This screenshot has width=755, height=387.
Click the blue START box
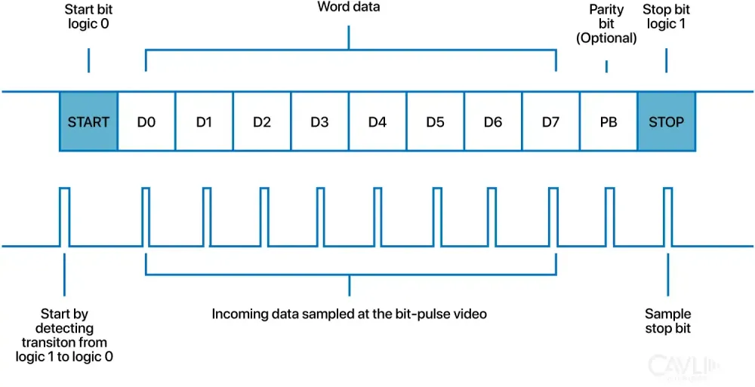[x=88, y=121]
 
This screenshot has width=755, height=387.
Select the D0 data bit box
[x=146, y=121]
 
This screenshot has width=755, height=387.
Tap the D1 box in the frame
[x=204, y=121]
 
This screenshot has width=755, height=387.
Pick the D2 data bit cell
[x=262, y=121]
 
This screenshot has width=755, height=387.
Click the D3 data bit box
[x=319, y=121]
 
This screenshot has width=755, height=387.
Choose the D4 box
[x=377, y=121]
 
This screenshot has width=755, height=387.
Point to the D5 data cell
[x=435, y=121]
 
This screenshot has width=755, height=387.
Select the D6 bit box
[x=492, y=121]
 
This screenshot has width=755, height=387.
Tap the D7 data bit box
[x=550, y=121]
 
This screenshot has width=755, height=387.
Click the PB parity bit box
[x=608, y=121]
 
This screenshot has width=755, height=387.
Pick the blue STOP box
[x=666, y=121]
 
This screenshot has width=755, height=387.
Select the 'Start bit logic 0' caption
[x=88, y=16]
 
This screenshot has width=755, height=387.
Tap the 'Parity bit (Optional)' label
[x=606, y=23]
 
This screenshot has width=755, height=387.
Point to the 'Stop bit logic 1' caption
[x=666, y=16]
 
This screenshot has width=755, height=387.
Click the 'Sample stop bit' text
[x=667, y=321]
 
